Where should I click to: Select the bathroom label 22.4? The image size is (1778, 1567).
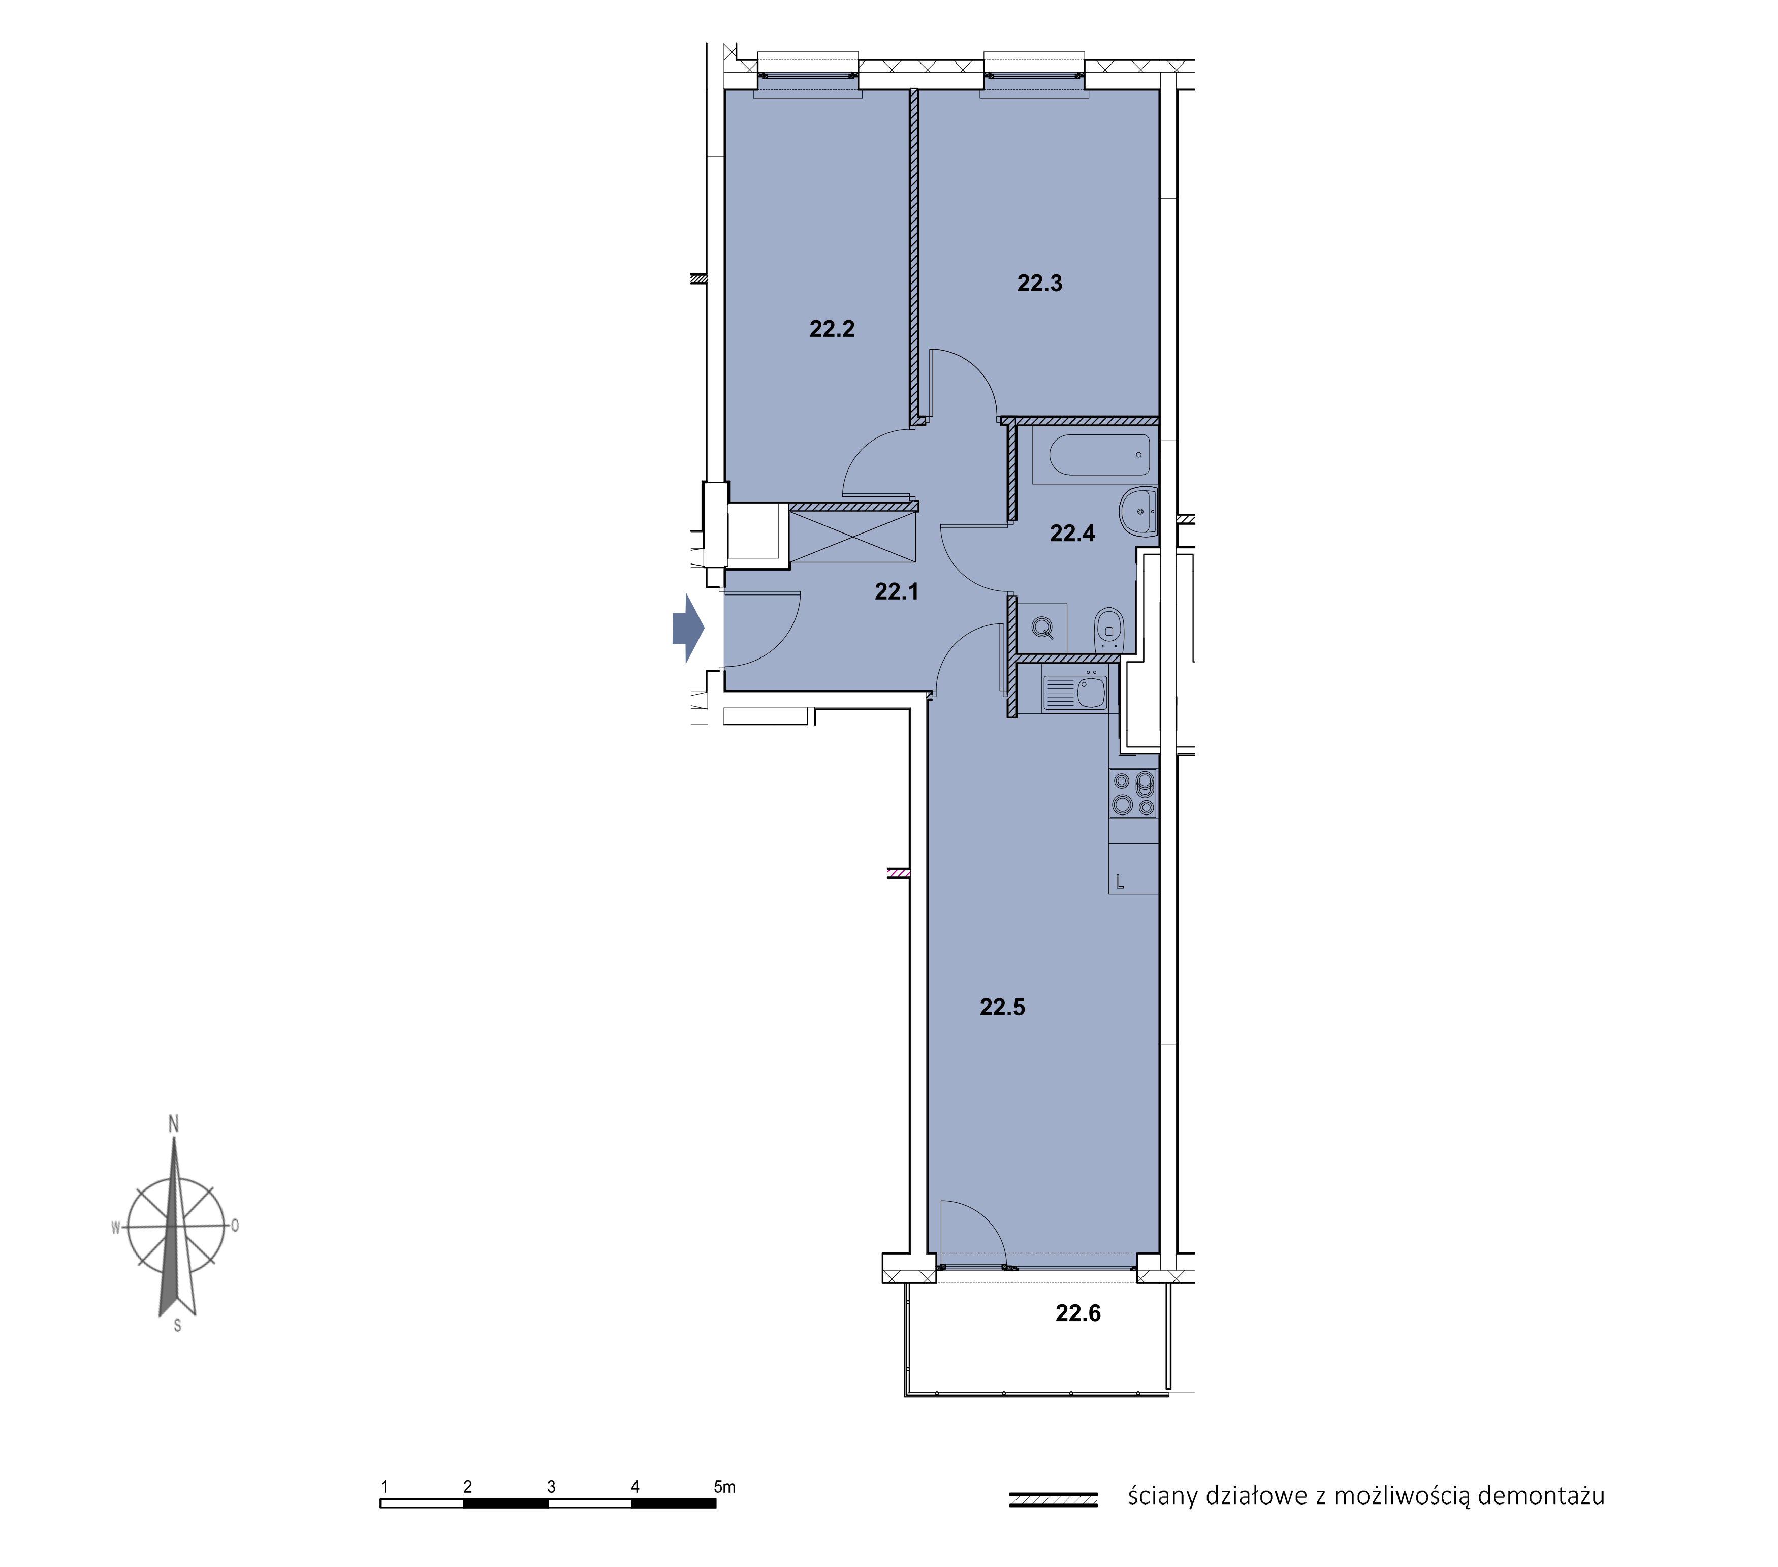[x=1072, y=534]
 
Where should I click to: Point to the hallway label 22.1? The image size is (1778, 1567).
[x=896, y=591]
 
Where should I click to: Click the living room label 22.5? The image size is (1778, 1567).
[x=1002, y=1008]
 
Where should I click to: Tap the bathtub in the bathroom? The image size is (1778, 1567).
[x=1099, y=454]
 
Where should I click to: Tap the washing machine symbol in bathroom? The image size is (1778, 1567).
[x=1042, y=626]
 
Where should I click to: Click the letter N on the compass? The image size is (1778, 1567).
[x=173, y=1123]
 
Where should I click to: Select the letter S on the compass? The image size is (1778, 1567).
[x=177, y=1326]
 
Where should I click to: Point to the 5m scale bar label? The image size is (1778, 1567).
[x=724, y=1487]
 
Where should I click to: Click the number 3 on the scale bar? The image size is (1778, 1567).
[x=552, y=1487]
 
